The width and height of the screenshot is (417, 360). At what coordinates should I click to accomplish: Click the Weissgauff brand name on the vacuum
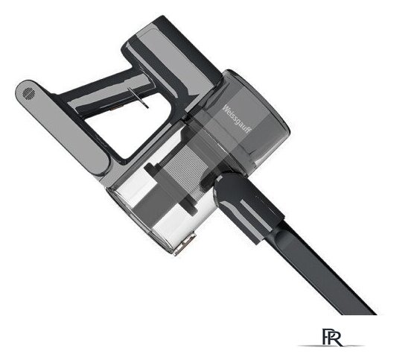(x=237, y=119)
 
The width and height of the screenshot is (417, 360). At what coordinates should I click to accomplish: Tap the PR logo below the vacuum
(x=332, y=338)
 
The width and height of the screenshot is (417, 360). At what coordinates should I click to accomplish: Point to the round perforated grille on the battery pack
(x=28, y=93)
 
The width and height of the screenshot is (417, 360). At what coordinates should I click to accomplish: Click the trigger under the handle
(x=139, y=98)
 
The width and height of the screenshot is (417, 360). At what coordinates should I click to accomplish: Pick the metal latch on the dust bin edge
(x=185, y=244)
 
